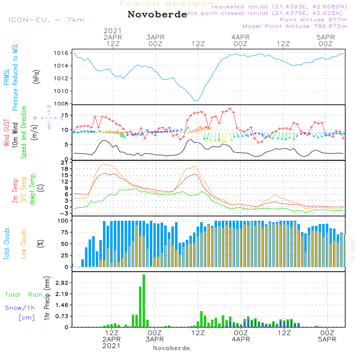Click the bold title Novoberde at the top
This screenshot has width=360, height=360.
pyautogui.click(x=157, y=15)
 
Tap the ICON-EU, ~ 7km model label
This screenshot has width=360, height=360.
pyautogui.click(x=46, y=20)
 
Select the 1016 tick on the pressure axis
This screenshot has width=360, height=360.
pyautogui.click(x=63, y=53)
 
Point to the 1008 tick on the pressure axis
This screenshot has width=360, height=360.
pyautogui.click(x=63, y=104)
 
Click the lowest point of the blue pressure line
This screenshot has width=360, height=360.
pyautogui.click(x=195, y=101)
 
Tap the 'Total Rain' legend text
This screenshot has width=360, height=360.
pyautogui.click(x=24, y=294)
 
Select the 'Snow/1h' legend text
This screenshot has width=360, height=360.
pyautogui.click(x=20, y=308)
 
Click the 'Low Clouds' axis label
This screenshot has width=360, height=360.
pyautogui.click(x=24, y=243)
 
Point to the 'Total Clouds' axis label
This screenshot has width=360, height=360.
pyautogui.click(x=7, y=243)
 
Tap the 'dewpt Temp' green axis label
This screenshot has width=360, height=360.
pyautogui.click(x=32, y=190)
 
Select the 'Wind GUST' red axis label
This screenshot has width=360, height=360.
pyautogui.click(x=7, y=133)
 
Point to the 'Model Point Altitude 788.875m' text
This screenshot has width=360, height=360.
pyautogui.click(x=295, y=26)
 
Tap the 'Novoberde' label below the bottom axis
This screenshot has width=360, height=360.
pyautogui.click(x=171, y=348)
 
